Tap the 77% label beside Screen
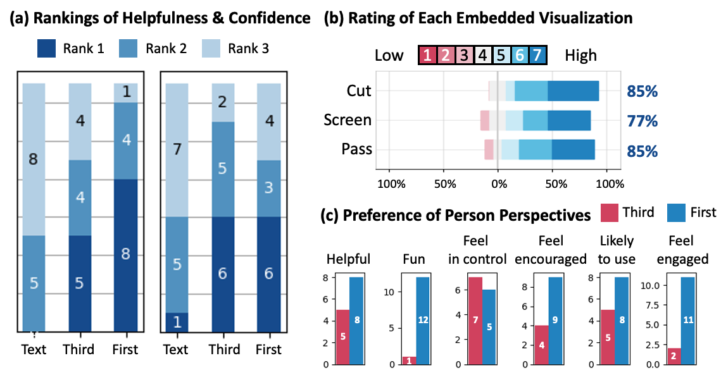(643, 121)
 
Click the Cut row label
(358, 91)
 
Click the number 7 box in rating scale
(537, 55)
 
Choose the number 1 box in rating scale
(428, 55)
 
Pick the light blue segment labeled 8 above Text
(34, 159)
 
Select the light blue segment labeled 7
(176, 150)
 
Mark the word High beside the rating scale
(581, 55)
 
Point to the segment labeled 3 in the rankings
(269, 188)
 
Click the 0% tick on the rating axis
(499, 184)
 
